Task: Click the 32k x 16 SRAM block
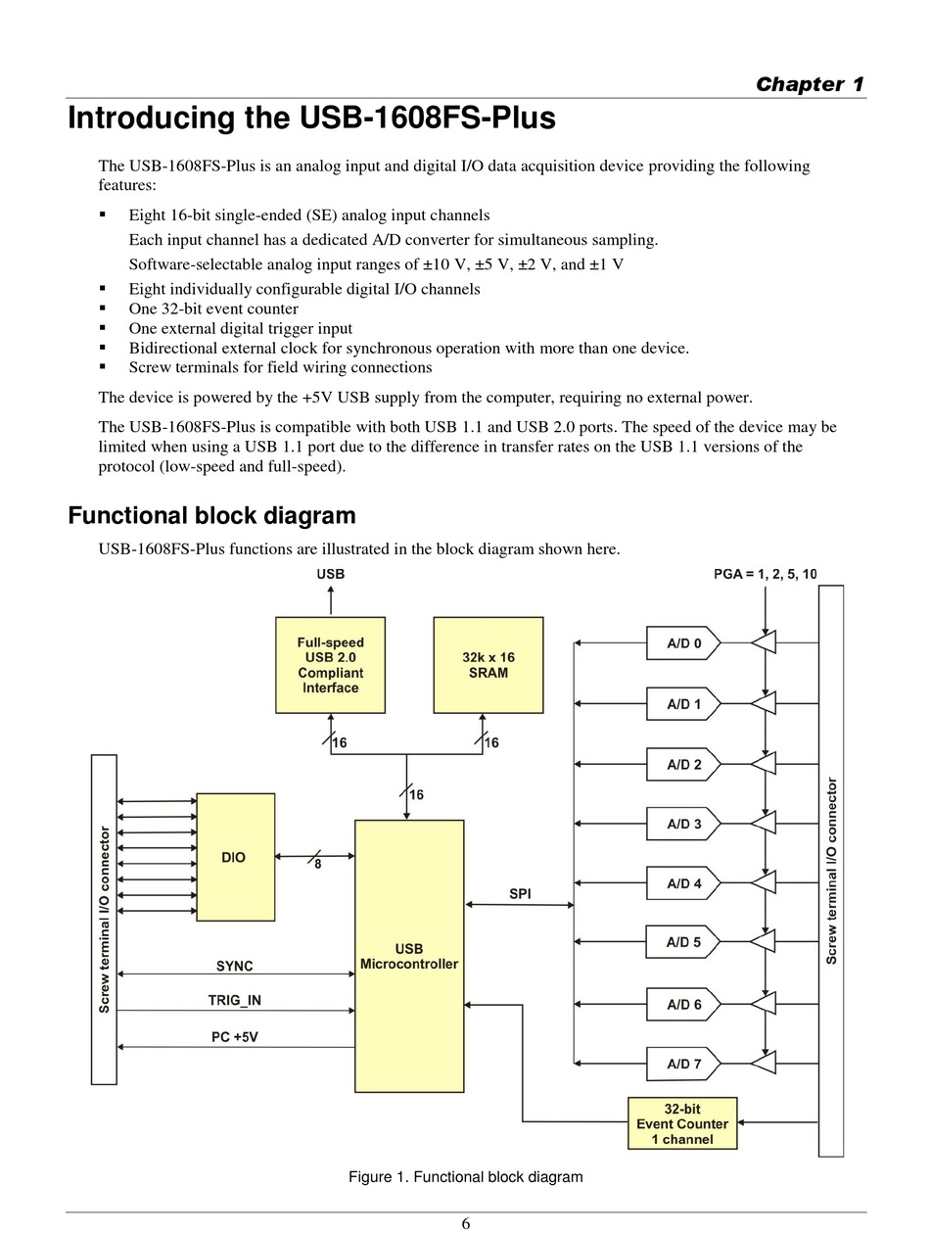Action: pyautogui.click(x=488, y=665)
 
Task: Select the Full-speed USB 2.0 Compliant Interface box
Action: pyautogui.click(x=330, y=665)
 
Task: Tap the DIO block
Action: pyautogui.click(x=236, y=857)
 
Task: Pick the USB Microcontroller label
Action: pyautogui.click(x=408, y=956)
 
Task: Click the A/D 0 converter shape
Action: pyautogui.click(x=682, y=642)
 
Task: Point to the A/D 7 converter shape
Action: pyautogui.click(x=682, y=1063)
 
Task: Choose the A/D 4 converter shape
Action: pyautogui.click(x=682, y=883)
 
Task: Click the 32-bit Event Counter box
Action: pyautogui.click(x=681, y=1123)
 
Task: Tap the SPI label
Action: pyautogui.click(x=520, y=894)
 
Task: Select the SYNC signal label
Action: pyautogui.click(x=234, y=966)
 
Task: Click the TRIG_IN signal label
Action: pyautogui.click(x=234, y=1000)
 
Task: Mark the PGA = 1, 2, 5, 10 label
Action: pyautogui.click(x=765, y=574)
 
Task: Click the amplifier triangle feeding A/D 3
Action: pyautogui.click(x=764, y=823)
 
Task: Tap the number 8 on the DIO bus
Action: pyautogui.click(x=317, y=864)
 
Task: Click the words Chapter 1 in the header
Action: pyautogui.click(x=809, y=84)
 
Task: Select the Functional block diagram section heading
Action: pyautogui.click(x=211, y=515)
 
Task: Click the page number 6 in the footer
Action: pyautogui.click(x=465, y=1223)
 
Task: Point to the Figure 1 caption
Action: pyautogui.click(x=465, y=1176)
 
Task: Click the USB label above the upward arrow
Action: pyautogui.click(x=331, y=574)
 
